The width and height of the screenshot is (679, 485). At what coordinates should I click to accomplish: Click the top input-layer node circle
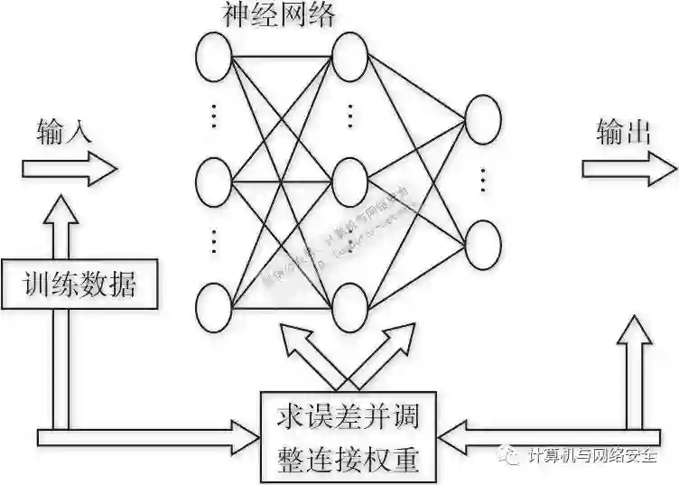214,55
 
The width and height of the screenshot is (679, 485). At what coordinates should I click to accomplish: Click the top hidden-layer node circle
350,55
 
